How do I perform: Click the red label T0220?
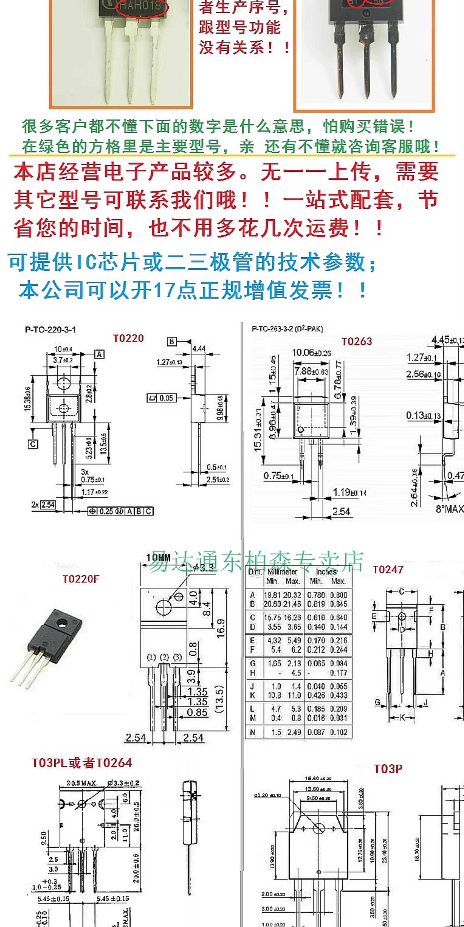click(128, 338)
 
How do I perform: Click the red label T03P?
click(388, 769)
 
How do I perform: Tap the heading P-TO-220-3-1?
click(51, 329)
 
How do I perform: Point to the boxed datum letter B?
click(172, 341)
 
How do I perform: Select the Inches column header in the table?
click(326, 572)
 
